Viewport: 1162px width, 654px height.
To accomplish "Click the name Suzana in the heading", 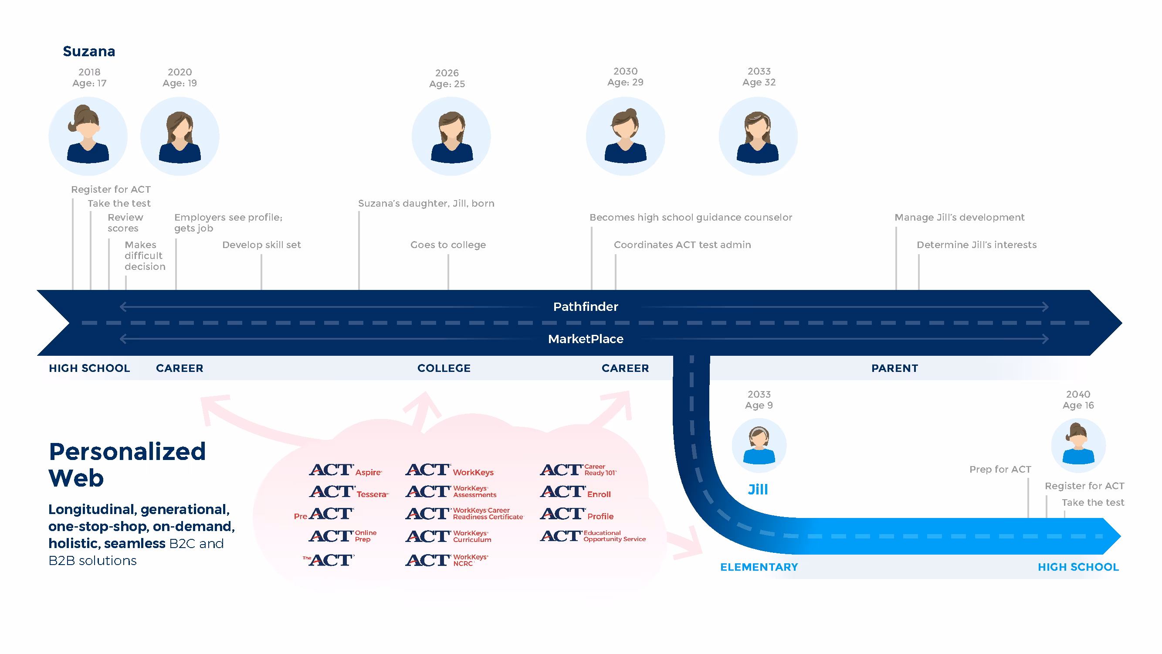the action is (x=89, y=51).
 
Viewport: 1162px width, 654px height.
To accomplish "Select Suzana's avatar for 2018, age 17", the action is (x=88, y=136).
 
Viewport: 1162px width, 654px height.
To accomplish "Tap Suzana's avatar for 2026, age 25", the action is (x=451, y=136).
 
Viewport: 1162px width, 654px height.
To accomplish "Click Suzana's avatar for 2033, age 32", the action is (x=758, y=136).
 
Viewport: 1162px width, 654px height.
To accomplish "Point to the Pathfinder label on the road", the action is (x=586, y=307).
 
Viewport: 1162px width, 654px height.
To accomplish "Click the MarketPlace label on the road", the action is (x=586, y=339).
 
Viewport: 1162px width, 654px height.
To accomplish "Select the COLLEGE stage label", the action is (x=444, y=368).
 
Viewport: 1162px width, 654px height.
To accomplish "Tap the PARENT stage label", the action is (x=894, y=368).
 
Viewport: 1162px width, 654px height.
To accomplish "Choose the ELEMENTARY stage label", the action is (x=759, y=567).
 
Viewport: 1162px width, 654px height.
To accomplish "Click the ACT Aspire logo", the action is (x=346, y=470).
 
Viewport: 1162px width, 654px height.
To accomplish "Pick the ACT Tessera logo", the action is (x=349, y=492).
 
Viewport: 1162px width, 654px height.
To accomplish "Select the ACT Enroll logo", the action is (x=576, y=492).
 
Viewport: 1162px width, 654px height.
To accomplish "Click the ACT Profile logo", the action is (x=577, y=514).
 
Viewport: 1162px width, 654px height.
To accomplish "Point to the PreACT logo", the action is (x=324, y=514).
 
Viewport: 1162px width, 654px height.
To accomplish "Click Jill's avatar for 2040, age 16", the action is (x=1078, y=446).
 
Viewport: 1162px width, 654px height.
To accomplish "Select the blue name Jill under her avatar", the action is (x=758, y=490).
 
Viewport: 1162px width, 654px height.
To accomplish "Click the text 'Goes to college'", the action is (x=448, y=245).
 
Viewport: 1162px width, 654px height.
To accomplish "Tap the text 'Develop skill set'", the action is (x=261, y=245).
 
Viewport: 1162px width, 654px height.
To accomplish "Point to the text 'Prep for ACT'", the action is (x=1000, y=470).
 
